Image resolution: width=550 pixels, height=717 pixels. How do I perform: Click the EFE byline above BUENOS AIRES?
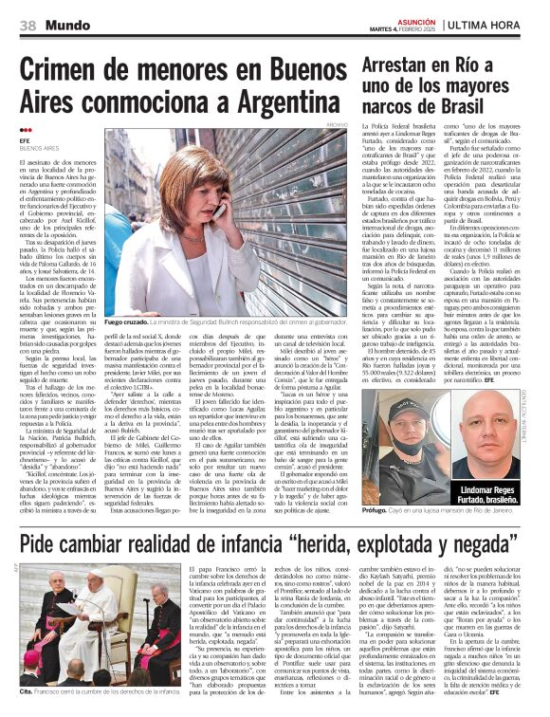pyautogui.click(x=26, y=140)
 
